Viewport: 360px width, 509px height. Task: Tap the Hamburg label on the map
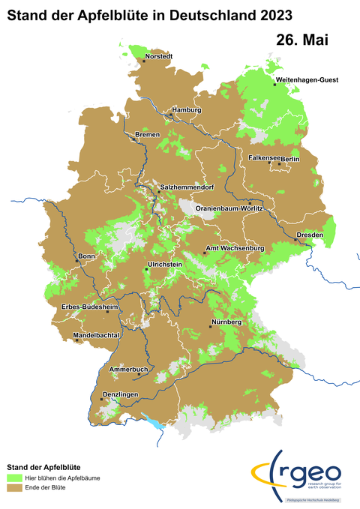(x=187, y=110)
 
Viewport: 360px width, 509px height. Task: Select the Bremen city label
(x=148, y=134)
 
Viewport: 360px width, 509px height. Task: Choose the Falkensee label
(x=264, y=158)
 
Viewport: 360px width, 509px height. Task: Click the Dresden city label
(x=310, y=235)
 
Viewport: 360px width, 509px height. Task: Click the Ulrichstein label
(x=165, y=265)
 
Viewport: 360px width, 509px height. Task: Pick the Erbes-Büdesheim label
(x=89, y=307)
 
